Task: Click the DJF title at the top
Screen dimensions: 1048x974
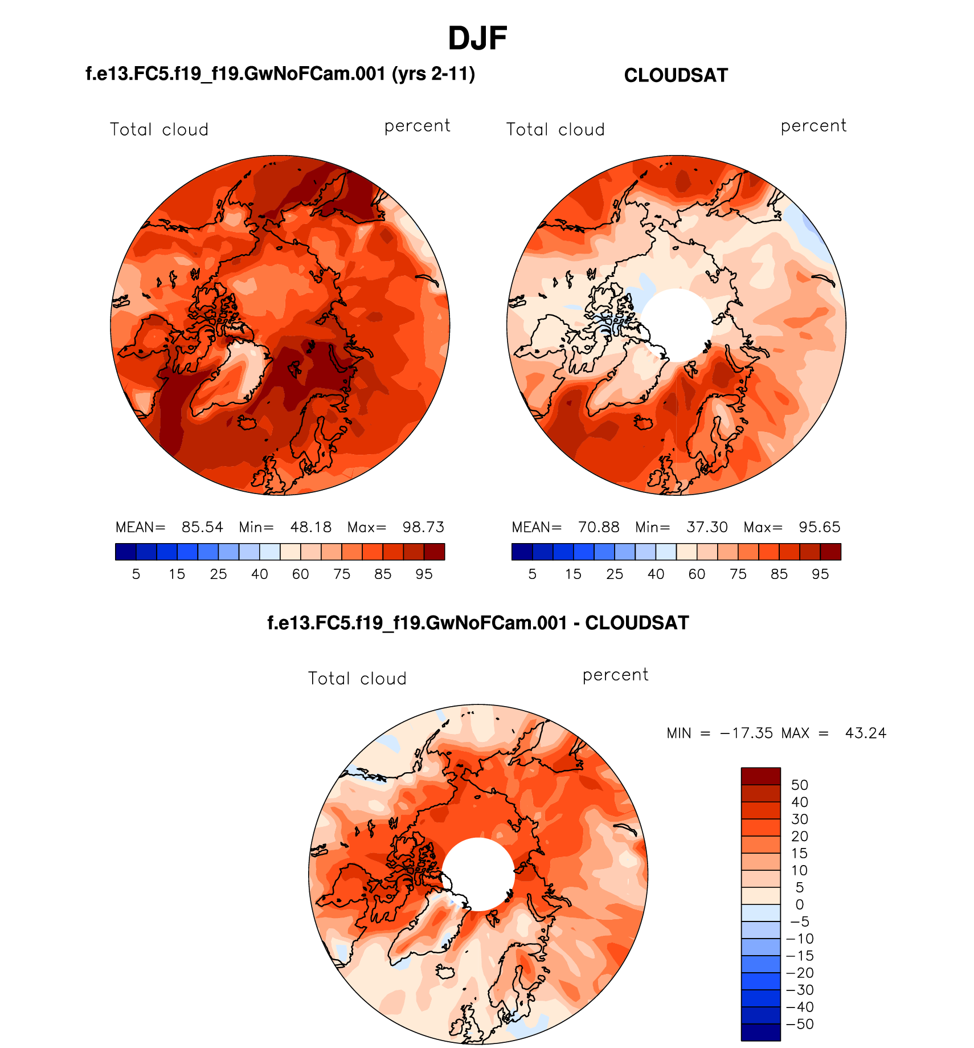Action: tap(477, 39)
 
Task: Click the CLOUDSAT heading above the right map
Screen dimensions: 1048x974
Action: tap(676, 76)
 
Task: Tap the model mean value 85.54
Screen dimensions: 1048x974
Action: tap(202, 527)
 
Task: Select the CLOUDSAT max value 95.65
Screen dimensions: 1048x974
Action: tap(819, 527)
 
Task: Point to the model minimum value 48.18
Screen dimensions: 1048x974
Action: tap(310, 527)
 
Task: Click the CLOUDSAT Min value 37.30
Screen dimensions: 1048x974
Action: tap(707, 527)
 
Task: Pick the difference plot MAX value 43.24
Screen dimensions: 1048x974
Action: tap(865, 733)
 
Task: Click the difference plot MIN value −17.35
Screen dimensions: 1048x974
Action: tap(746, 733)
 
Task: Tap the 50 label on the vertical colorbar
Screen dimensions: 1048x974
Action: tap(800, 785)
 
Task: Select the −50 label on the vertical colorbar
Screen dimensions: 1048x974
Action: tap(800, 1024)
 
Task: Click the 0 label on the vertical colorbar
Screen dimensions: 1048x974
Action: tap(800, 904)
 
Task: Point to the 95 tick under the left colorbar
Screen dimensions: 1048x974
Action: tap(424, 574)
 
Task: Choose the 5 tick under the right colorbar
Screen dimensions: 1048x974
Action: tap(533, 574)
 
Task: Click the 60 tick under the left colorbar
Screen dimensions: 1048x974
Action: tap(301, 574)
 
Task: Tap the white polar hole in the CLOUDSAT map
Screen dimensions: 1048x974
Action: tap(677, 325)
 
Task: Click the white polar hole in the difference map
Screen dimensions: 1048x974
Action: tap(478, 874)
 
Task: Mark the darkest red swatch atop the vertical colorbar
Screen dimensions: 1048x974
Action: tap(760, 776)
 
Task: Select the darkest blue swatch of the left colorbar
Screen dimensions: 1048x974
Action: tap(125, 552)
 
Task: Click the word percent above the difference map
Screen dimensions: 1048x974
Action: tap(615, 675)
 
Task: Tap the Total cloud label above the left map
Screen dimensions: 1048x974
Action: tap(159, 130)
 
